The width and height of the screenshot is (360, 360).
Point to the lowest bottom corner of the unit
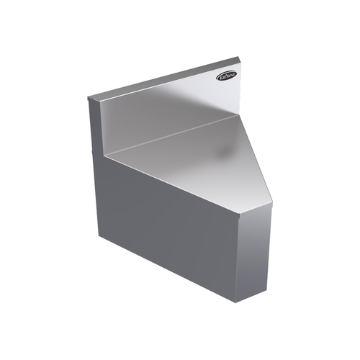241,302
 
